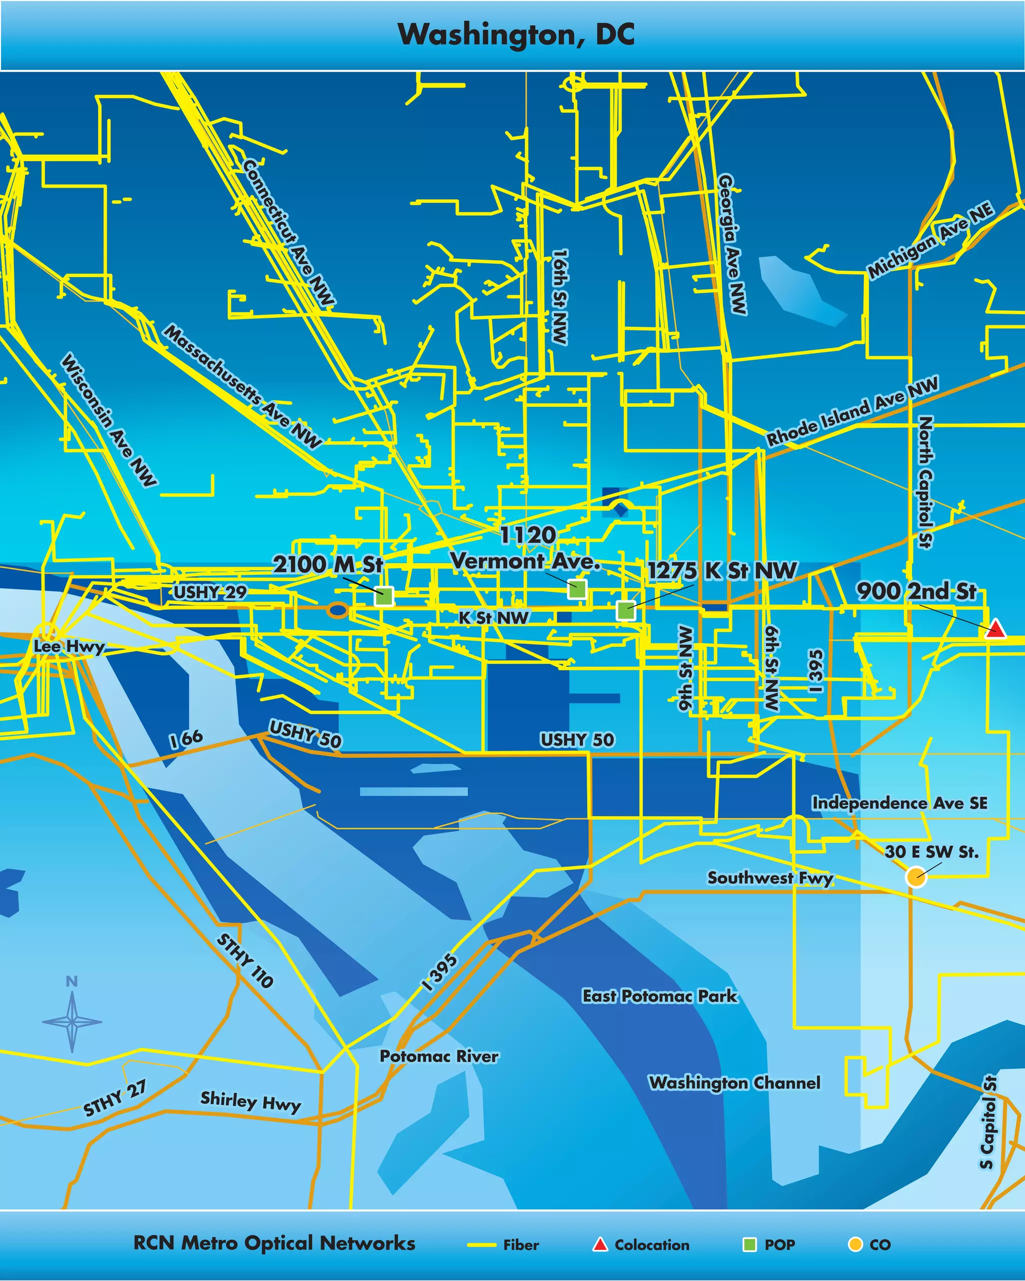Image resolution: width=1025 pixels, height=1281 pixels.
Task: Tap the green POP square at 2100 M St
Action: click(x=384, y=595)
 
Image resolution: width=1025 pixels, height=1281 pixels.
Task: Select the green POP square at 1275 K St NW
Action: click(x=625, y=609)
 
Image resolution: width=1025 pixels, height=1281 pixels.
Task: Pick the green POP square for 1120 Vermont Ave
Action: click(x=577, y=589)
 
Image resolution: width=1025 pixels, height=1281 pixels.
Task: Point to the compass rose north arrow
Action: click(x=72, y=1021)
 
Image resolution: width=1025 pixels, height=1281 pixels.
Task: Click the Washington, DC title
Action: click(x=516, y=35)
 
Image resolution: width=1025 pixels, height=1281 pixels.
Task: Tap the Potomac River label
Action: click(x=439, y=1056)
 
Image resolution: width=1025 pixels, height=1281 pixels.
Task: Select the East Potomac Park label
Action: click(x=660, y=996)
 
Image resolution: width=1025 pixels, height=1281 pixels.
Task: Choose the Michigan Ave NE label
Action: click(x=930, y=240)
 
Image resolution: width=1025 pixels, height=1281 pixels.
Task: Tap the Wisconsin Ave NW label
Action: click(x=109, y=420)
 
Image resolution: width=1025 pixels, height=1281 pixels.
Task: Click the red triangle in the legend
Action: click(x=600, y=1244)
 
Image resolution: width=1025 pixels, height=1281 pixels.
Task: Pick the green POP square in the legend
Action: click(x=750, y=1244)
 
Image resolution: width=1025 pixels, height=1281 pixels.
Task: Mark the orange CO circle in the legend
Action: click(x=855, y=1244)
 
